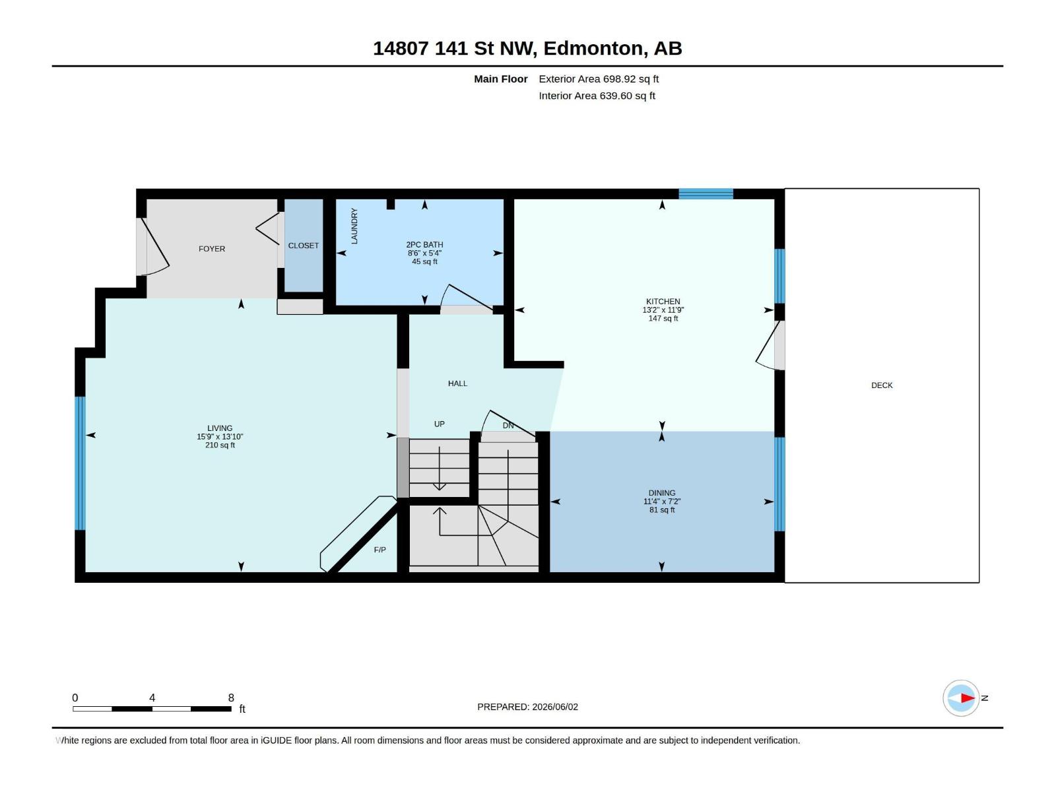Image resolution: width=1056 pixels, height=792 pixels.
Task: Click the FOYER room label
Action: point(212,249)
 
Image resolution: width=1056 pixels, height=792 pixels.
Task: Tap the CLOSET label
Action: point(303,246)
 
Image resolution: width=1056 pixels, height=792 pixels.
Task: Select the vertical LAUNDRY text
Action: point(354,226)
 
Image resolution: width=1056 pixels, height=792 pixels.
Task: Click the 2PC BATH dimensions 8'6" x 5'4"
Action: point(424,253)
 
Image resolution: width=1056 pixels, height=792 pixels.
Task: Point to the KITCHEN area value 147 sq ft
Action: point(663,318)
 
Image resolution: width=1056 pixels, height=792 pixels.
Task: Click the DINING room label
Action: point(661,493)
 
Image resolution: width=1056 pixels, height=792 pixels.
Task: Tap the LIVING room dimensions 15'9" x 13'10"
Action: point(220,437)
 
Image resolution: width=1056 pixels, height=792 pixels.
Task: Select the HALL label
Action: point(457,383)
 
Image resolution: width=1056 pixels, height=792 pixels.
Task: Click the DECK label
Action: point(881,385)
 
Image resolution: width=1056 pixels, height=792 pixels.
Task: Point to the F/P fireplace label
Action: point(379,550)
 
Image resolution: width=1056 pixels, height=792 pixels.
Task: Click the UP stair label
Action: point(440,424)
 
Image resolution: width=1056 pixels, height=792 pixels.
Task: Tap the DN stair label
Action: point(508,426)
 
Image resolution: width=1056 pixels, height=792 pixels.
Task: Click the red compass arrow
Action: point(968,698)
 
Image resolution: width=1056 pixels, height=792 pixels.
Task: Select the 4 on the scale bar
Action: point(152,698)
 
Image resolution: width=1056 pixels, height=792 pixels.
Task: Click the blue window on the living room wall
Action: point(80,463)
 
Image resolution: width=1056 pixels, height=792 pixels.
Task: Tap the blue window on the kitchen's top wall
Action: point(706,194)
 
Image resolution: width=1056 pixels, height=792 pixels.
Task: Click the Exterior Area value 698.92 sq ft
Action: point(631,79)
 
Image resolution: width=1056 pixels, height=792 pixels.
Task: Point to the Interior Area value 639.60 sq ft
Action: point(628,96)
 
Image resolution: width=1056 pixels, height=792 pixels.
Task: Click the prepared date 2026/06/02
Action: point(554,707)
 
